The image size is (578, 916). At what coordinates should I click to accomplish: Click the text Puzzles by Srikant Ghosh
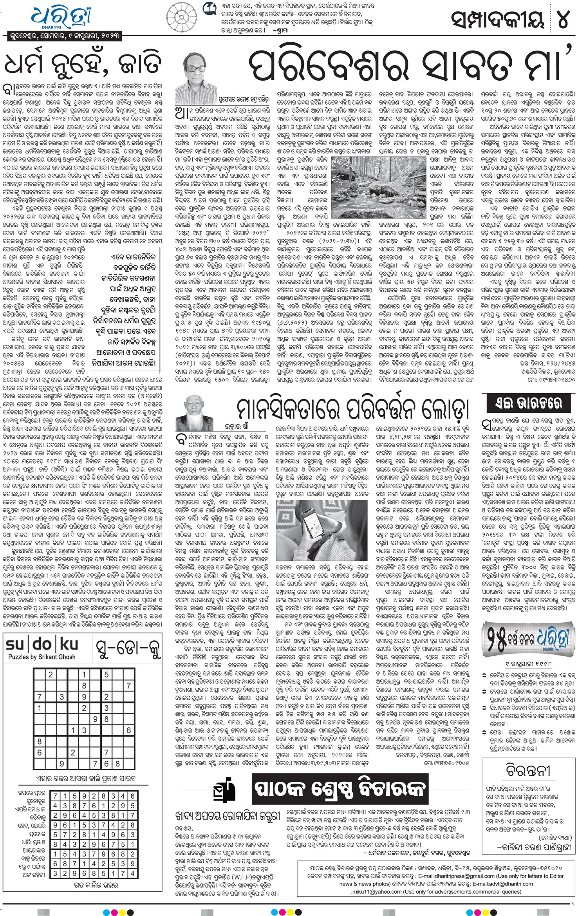click(x=42, y=657)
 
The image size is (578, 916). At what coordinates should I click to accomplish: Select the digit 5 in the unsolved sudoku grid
click(x=107, y=675)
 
